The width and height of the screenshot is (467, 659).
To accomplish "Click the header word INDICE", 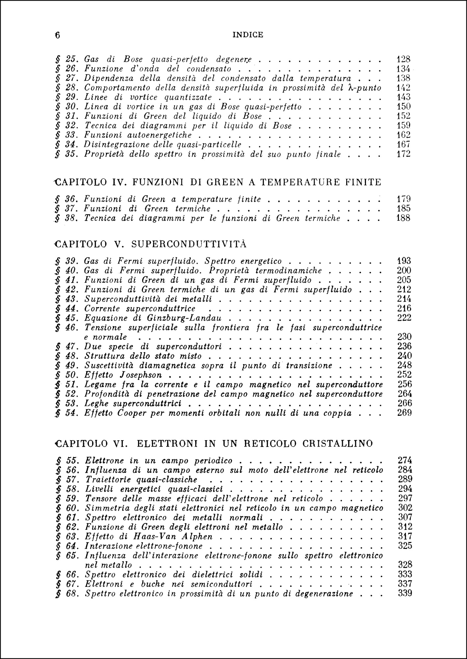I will (247, 35).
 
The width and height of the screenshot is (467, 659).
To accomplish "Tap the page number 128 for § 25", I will (403, 60).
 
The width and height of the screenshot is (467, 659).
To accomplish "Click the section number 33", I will (71, 135).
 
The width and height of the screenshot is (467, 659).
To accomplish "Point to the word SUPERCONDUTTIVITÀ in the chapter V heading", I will (189, 244).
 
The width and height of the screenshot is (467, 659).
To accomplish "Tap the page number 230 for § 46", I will (404, 337).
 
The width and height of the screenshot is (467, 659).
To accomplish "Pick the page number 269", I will (404, 413).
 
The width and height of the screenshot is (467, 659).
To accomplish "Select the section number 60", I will (71, 508).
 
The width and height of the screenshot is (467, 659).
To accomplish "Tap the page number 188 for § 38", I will (403, 218).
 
